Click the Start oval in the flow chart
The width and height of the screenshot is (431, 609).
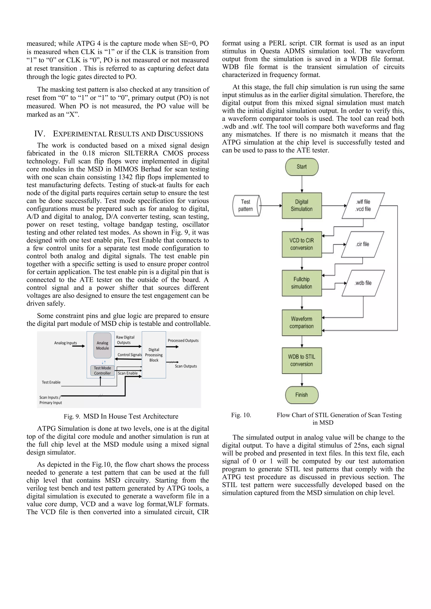302,167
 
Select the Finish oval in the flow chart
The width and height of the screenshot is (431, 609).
302,395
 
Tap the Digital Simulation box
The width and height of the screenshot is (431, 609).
302,206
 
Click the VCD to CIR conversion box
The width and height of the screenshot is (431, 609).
302,244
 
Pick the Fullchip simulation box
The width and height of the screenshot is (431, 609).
302,283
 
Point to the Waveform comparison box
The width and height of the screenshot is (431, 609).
302,322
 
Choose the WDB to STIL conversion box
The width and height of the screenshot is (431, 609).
302,361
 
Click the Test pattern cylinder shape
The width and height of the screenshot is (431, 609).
246,206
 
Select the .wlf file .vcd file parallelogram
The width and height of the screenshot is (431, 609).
363,206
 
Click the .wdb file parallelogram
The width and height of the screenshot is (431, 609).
363,283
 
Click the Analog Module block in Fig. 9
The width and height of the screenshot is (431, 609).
102,345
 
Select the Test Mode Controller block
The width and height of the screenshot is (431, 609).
102,370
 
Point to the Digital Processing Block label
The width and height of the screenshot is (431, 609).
154,355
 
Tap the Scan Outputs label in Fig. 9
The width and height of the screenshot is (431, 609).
186,366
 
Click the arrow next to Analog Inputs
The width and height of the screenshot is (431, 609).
78,346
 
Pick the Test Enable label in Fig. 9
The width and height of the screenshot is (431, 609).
51,382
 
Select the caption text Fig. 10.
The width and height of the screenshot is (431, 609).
241,415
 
